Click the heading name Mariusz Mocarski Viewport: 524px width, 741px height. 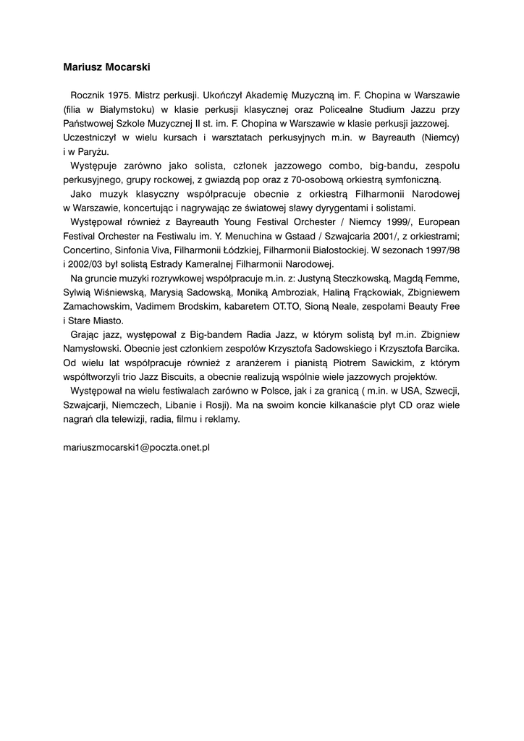[x=106, y=67]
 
